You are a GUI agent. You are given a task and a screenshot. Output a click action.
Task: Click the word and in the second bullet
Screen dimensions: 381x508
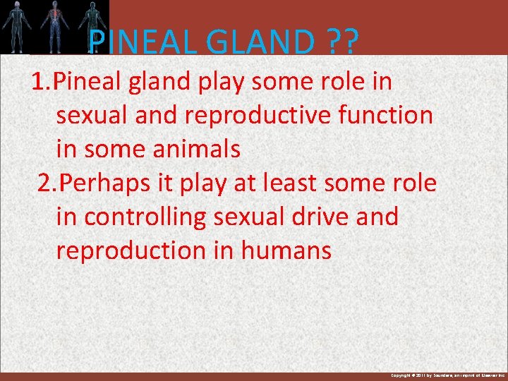coord(375,217)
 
